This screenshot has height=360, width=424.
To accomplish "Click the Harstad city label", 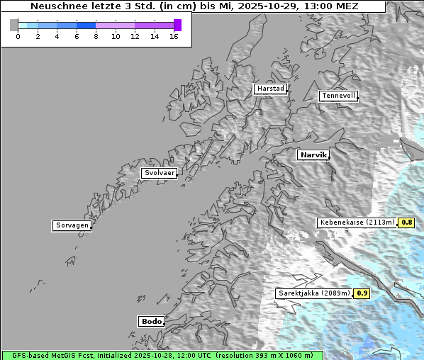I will pos(270,89).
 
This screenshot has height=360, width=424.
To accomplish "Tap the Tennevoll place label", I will pos(337,96).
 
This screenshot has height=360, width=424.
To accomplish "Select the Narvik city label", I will pos(313,154).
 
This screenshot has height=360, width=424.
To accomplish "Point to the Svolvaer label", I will pos(158,173).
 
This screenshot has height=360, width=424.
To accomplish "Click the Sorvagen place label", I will pos(72,225).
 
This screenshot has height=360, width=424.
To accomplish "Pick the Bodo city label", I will pos(151,321).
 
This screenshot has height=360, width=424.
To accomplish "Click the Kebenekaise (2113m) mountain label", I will pos(357,223).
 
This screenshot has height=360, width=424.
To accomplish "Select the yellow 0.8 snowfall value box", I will pos(407,223).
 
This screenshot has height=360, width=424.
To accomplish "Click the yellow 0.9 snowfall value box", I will pos(362,293).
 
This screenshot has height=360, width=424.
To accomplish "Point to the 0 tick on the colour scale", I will pos(18,36).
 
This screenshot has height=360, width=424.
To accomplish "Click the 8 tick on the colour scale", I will pos(96,36).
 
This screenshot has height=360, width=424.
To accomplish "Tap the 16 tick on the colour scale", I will pos(174,36).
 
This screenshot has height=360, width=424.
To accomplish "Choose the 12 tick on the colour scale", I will pos(135,36).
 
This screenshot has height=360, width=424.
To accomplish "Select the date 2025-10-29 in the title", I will pos(266,6).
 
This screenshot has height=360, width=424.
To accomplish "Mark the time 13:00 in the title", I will pos(318,6).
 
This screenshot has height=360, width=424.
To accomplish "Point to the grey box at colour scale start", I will pos(13,26).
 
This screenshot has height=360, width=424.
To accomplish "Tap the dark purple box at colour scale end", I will pos(177,26).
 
